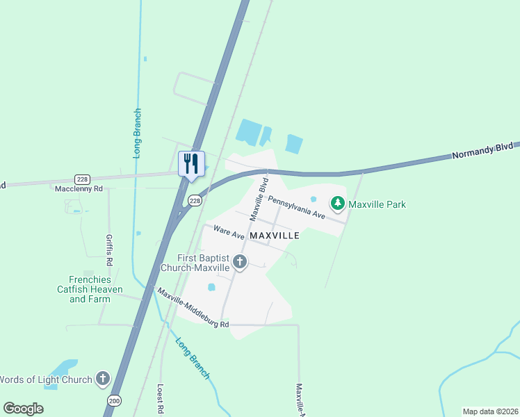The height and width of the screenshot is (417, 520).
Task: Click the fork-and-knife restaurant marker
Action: point(191,165)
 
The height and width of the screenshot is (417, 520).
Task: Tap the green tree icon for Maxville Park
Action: point(338,204)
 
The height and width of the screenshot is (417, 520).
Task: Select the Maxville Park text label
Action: point(377,204)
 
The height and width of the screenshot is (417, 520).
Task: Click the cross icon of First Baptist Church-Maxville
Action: point(240,262)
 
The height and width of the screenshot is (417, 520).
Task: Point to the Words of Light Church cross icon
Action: point(102,379)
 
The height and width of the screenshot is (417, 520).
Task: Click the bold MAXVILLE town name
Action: point(274,236)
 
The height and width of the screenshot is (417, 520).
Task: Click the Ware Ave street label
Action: point(229,232)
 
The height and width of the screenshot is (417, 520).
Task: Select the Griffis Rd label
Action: point(109,250)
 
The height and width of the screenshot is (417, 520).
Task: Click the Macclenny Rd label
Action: point(79,188)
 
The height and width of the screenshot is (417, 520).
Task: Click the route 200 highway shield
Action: point(115,400)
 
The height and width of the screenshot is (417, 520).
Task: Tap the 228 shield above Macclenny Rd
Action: point(83,179)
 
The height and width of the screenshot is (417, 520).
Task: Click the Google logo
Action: point(23,409)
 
